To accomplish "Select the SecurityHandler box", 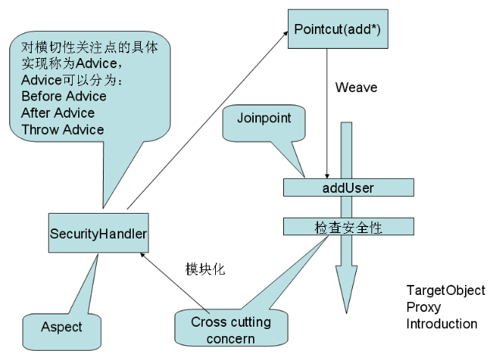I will (98, 233).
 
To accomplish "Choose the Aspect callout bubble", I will (62, 327).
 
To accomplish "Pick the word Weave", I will (356, 87).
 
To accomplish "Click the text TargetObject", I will (446, 290).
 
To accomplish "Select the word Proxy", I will (424, 307).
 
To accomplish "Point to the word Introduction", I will (442, 324).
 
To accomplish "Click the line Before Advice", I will (64, 97).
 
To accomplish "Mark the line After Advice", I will (58, 113).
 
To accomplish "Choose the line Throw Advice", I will (63, 129).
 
